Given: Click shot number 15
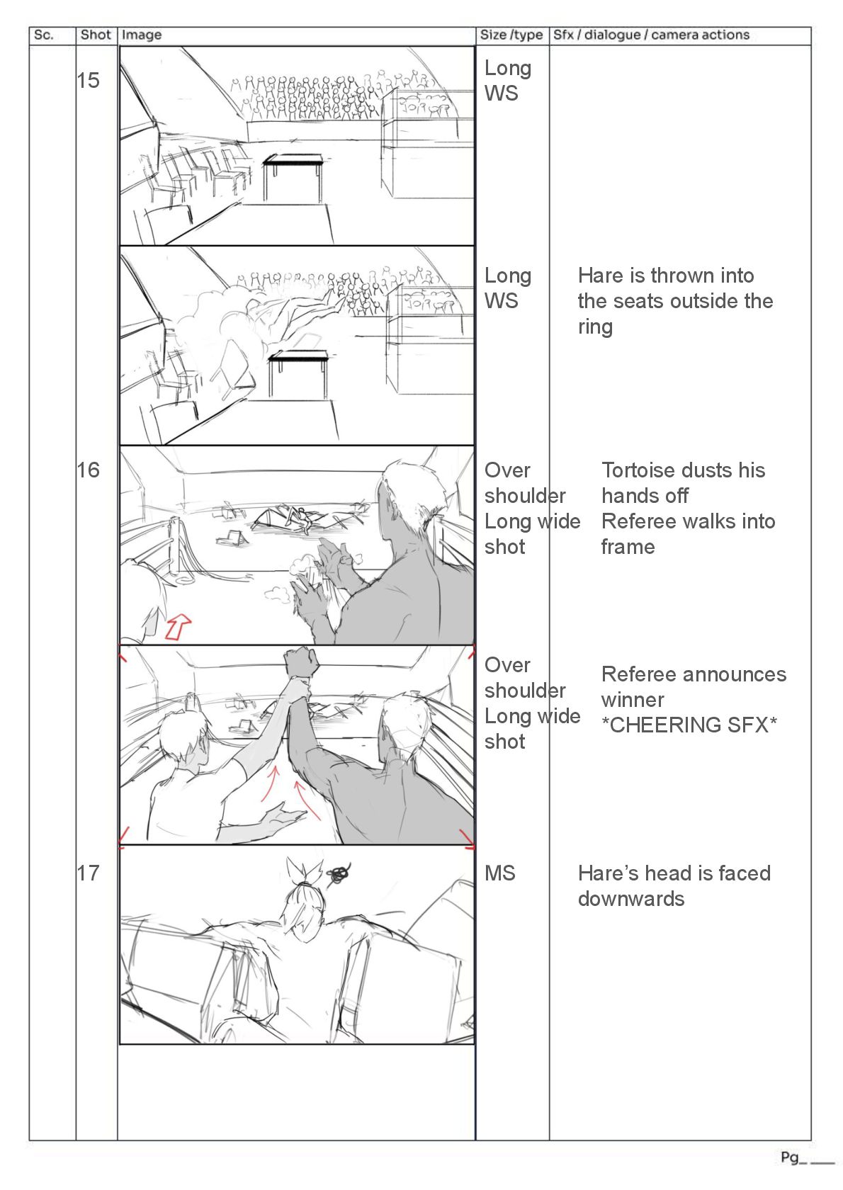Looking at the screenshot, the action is coord(89,81).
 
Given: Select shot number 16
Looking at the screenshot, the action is coord(89,470).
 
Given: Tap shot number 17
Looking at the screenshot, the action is coord(89,873).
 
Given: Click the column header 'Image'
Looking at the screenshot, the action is coord(142,35).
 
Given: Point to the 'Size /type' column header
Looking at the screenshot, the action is coord(511,35).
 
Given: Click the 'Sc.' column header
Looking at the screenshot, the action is coord(44,35).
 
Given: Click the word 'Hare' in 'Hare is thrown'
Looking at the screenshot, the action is coord(600,276).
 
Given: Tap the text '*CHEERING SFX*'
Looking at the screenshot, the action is coord(689,725).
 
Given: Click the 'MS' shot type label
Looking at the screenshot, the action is coord(500,873).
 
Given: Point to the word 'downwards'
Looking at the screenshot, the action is coord(631,899).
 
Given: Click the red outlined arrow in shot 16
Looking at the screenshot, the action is coord(179,626).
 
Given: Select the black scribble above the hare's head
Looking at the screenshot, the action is coord(340,875).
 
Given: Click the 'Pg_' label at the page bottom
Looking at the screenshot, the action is coord(790,1157).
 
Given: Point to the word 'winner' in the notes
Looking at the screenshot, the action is coord(633,700).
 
